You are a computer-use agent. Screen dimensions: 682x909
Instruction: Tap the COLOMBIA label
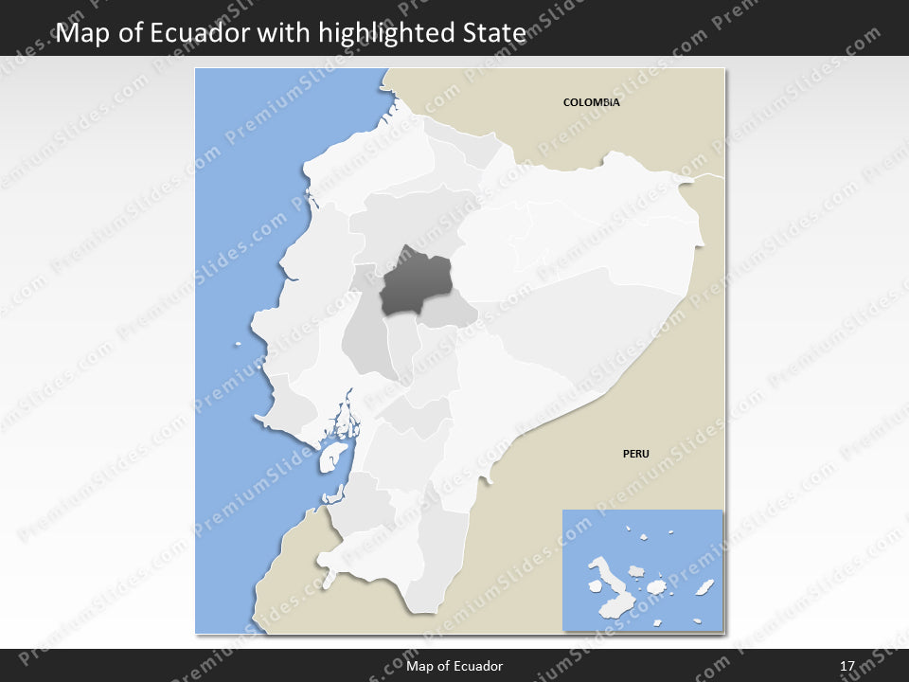pos(591,102)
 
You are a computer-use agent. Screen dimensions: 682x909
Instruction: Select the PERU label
pos(635,454)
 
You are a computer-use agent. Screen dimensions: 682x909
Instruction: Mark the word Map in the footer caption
pos(419,667)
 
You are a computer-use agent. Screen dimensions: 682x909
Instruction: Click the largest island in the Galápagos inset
pos(609,579)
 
